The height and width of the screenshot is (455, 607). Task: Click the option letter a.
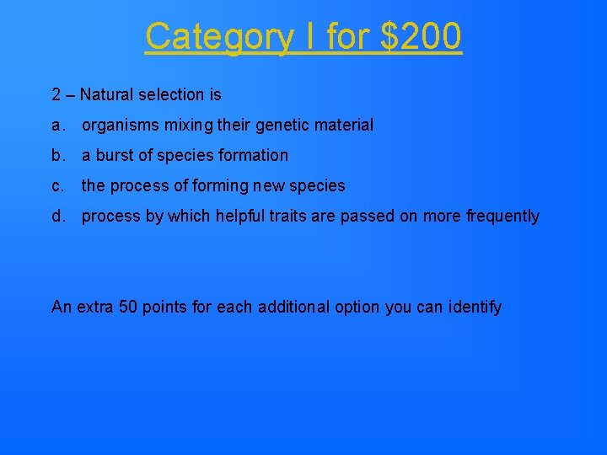(56, 126)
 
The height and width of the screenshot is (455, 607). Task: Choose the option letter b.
(56, 156)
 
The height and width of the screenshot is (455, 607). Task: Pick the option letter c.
(56, 186)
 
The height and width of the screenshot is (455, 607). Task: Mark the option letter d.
(56, 217)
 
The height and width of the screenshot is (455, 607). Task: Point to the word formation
(254, 156)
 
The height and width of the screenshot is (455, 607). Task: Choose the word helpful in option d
(239, 217)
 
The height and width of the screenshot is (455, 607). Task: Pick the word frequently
(502, 217)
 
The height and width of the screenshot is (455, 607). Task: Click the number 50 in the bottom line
(127, 308)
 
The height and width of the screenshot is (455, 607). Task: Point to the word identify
(475, 308)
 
